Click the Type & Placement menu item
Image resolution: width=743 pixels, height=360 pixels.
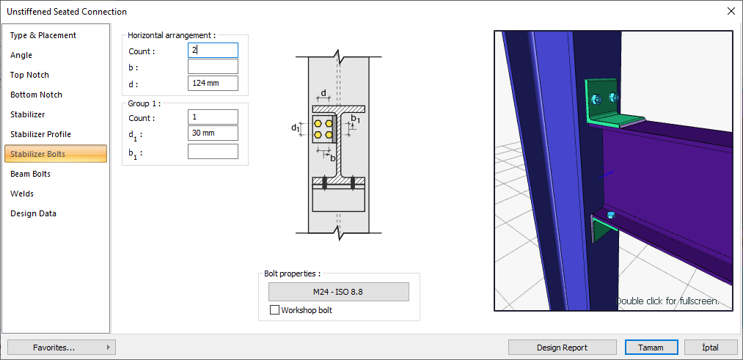coord(43,35)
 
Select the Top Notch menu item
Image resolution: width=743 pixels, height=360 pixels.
coord(29,75)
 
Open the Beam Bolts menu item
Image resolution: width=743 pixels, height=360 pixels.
coord(30,174)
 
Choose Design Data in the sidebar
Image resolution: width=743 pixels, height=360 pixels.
coord(33,213)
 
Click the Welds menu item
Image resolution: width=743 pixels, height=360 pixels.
coord(22,194)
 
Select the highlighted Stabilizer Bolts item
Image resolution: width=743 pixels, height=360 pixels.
coord(56,154)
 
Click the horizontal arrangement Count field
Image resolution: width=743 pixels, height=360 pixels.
coord(213,51)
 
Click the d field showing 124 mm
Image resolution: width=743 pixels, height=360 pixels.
coord(213,84)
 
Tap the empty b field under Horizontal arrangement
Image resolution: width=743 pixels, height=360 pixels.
coord(213,67)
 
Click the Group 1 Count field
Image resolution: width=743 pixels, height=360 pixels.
coord(213,117)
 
